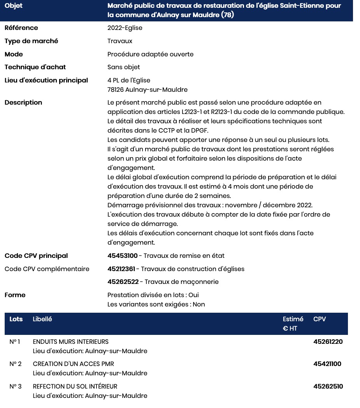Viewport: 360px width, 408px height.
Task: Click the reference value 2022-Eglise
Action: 125,28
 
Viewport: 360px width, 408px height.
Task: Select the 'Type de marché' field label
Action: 31,41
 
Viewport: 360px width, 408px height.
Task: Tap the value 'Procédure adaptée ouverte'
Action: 150,54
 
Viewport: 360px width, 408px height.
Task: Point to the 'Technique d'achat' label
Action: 35,67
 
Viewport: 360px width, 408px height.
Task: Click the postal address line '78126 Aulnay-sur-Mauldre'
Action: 147,90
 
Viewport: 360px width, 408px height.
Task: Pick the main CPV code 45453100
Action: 122,256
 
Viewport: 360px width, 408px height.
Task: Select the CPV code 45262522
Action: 123,282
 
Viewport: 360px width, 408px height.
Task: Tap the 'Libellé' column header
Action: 42,319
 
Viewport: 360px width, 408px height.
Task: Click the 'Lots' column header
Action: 16,319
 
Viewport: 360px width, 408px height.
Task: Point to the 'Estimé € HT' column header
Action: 293,324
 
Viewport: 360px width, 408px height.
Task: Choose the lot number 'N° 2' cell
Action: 16,364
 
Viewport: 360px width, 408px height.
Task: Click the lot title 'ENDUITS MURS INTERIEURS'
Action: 70,342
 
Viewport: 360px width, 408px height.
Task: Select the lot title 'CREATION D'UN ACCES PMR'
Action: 73,364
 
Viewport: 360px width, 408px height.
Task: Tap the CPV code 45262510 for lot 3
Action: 328,387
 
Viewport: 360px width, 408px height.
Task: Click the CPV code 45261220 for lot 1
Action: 328,342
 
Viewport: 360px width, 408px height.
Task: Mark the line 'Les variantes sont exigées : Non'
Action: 156,305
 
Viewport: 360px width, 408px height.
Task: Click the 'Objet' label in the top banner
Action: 14,6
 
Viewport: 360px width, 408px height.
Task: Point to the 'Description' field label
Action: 23,103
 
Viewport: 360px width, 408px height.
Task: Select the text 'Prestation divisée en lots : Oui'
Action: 153,295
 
